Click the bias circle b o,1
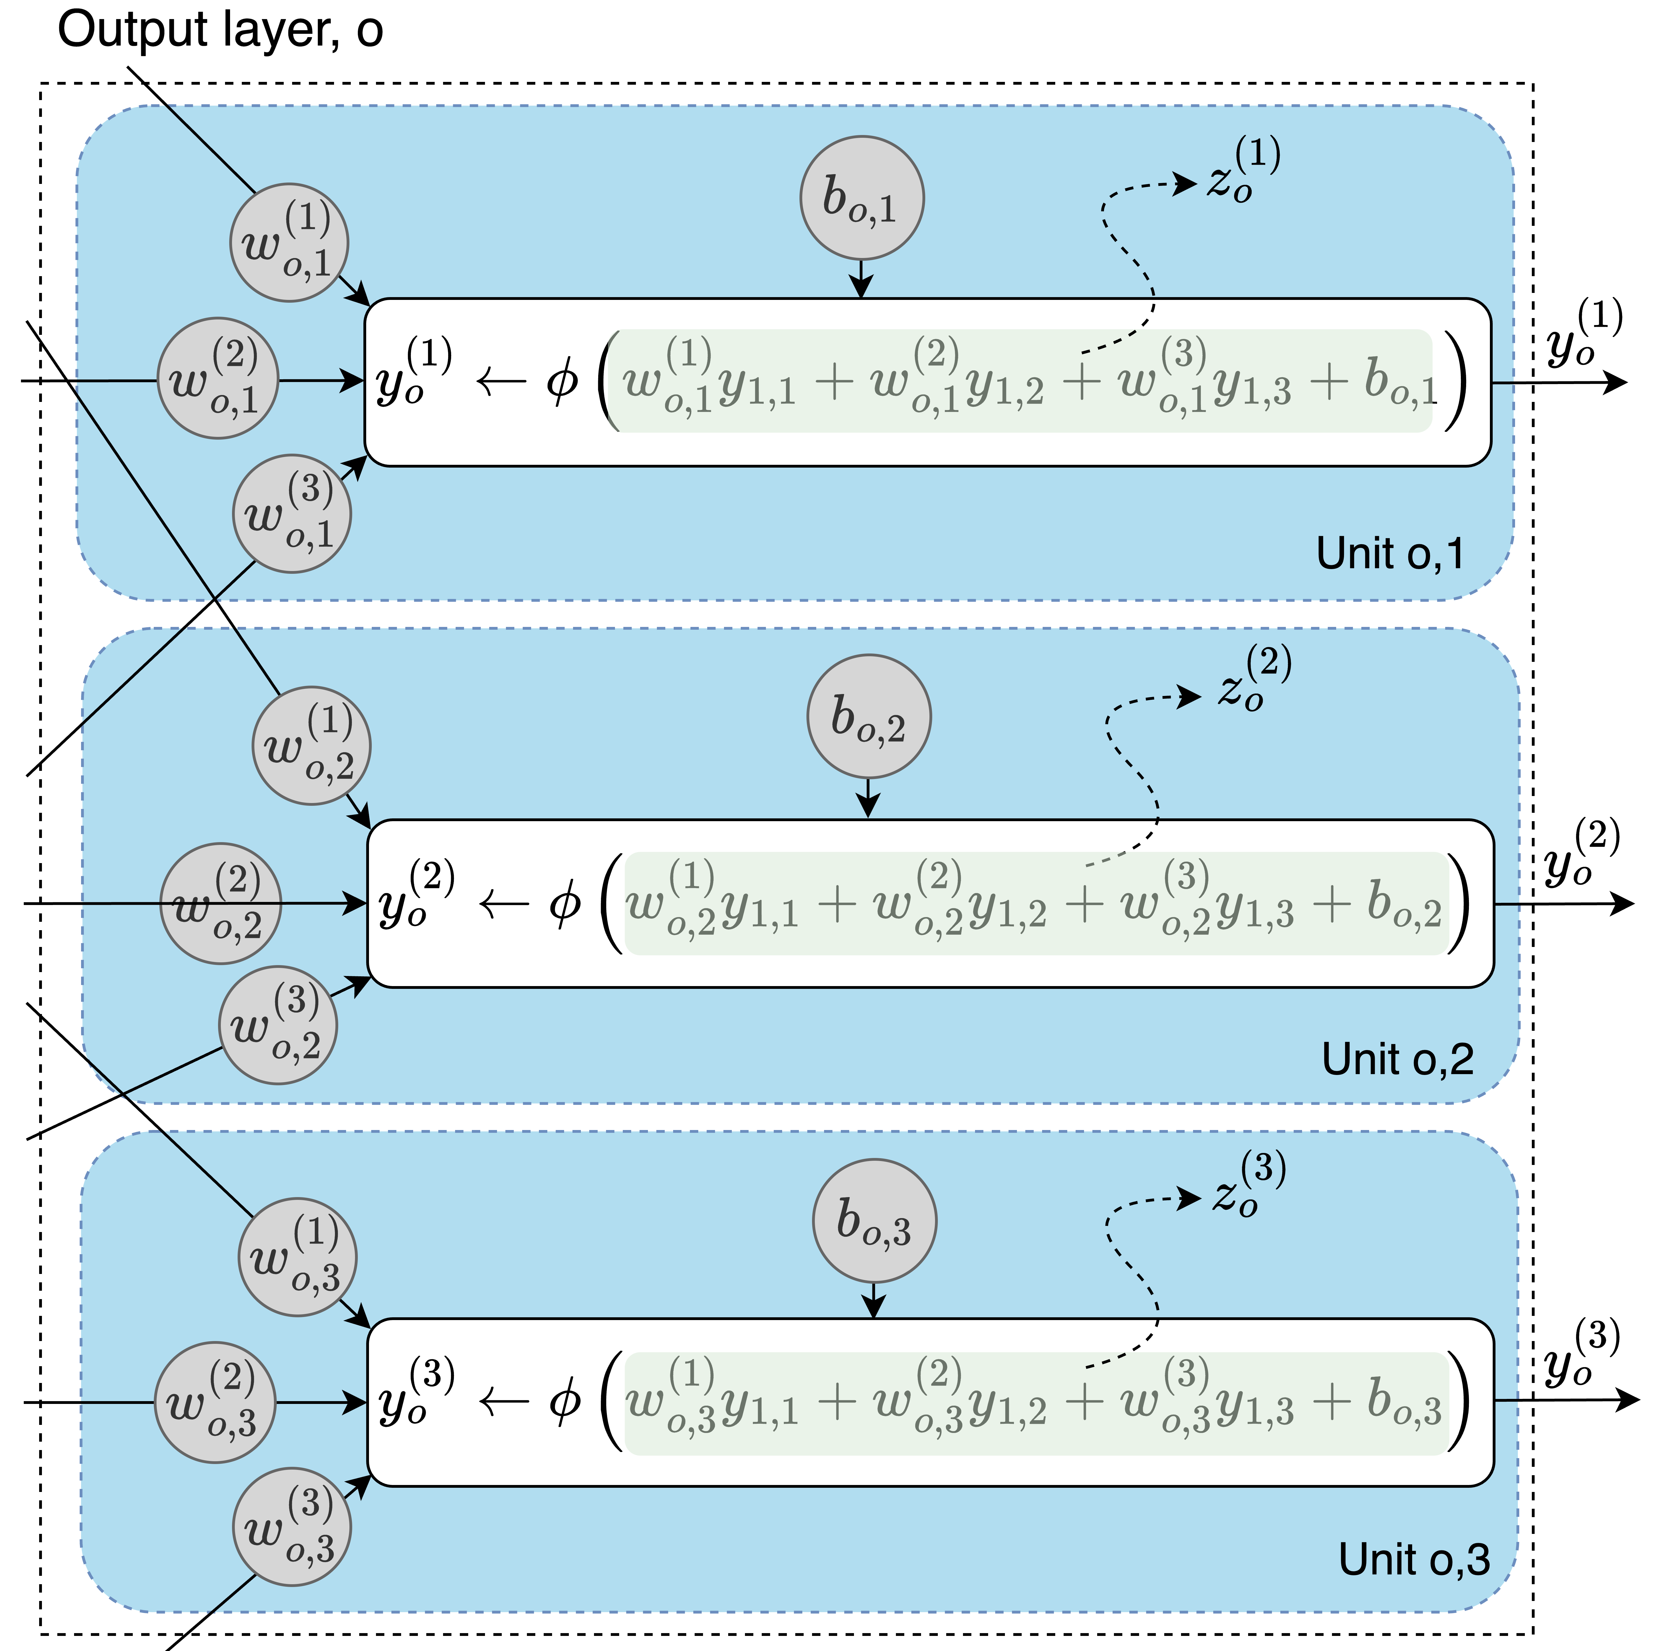click(x=862, y=197)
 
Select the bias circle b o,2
click(x=868, y=716)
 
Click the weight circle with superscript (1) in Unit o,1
click(x=289, y=242)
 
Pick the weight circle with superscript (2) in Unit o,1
click(x=218, y=378)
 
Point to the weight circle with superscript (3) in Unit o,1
click(x=292, y=514)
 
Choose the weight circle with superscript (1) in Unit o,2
click(x=311, y=746)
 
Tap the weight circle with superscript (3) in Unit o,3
click(x=292, y=1527)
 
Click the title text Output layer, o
click(x=220, y=30)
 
